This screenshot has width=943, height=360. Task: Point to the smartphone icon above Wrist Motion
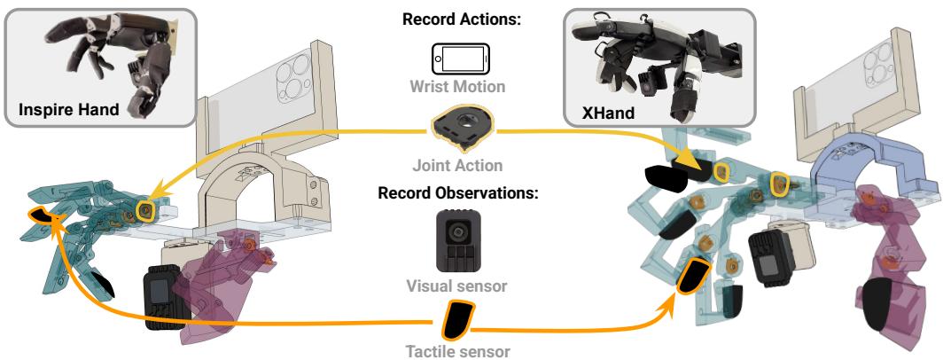[459, 59]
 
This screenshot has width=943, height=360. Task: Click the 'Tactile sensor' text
[459, 351]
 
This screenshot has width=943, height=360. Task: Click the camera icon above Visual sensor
[459, 239]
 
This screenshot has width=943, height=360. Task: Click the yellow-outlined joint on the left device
[144, 209]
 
